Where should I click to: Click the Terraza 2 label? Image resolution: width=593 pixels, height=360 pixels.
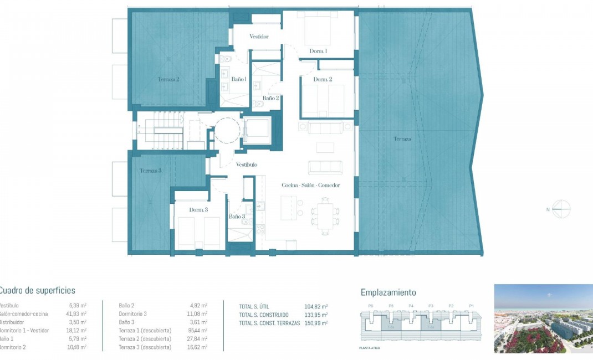168,79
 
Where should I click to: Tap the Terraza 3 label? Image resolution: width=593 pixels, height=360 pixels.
150,171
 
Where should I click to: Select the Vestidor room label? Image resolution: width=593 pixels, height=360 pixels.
259,37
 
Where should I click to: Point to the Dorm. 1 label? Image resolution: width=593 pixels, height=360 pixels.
318,51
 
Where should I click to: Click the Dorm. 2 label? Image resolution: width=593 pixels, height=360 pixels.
323,80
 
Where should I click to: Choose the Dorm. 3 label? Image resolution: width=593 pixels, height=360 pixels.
198,210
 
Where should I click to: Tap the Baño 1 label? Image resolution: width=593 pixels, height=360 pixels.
239,80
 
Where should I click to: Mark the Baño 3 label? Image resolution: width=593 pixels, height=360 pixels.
237,217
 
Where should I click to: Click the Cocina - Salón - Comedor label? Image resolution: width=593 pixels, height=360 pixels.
310,186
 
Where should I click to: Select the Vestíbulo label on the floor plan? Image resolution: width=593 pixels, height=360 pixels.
247,164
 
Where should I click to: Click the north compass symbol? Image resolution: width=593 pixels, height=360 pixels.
561,209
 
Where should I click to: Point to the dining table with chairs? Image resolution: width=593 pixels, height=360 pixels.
325,215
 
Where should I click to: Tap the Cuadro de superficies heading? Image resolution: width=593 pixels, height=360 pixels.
37,291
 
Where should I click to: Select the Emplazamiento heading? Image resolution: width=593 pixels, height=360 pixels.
388,292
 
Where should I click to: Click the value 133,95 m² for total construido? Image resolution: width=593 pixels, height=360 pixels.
316,315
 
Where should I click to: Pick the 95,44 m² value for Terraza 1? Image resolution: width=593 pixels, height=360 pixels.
198,331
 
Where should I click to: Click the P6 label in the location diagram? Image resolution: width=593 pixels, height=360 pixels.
370,306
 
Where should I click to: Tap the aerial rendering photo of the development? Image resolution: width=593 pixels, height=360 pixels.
543,318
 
